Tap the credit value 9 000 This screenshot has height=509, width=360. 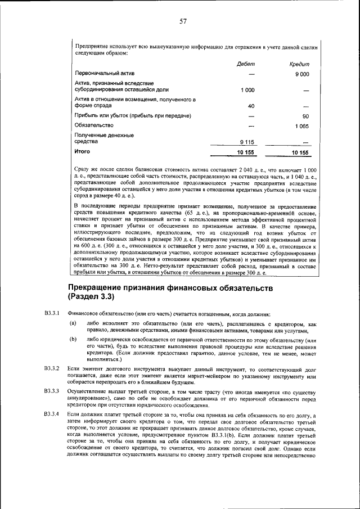tap(303, 74)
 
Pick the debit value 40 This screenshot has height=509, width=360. tap(251, 106)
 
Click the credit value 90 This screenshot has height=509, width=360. tap(305, 116)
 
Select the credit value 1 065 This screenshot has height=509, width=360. tap(302, 126)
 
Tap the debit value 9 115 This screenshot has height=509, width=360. tap(247, 142)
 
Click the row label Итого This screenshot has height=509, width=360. tap(82, 152)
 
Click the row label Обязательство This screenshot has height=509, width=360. tap(94, 125)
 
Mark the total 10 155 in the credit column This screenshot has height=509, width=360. tap(300, 152)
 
